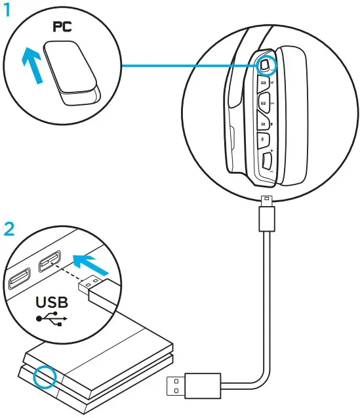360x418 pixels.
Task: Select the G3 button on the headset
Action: [263, 83]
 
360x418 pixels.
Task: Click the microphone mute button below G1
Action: [264, 140]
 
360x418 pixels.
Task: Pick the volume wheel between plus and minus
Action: [266, 159]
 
